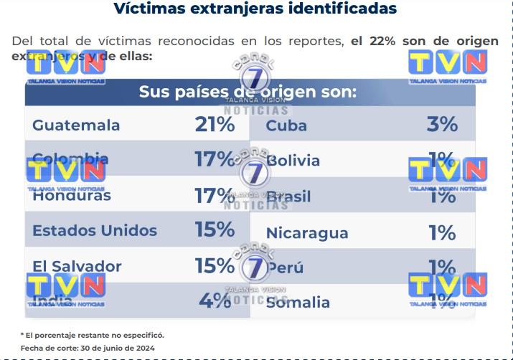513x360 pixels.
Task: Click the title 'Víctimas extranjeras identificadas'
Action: click(256, 9)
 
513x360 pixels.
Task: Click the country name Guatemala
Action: click(76, 125)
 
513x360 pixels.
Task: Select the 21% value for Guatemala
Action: click(215, 125)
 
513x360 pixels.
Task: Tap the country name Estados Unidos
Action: click(95, 231)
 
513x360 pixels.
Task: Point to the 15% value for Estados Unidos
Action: click(215, 230)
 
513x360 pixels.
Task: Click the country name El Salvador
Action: click(77, 266)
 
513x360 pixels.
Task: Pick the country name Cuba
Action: click(286, 125)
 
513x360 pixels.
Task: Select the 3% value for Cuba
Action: click(442, 125)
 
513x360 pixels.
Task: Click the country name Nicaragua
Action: click(307, 233)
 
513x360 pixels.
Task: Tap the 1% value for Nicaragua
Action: click(442, 232)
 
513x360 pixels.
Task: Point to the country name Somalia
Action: click(298, 303)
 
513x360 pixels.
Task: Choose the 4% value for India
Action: click(215, 300)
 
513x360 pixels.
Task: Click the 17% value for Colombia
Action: click(215, 159)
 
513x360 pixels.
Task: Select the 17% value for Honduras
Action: click(215, 194)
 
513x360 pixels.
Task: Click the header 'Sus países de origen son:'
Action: click(248, 93)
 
